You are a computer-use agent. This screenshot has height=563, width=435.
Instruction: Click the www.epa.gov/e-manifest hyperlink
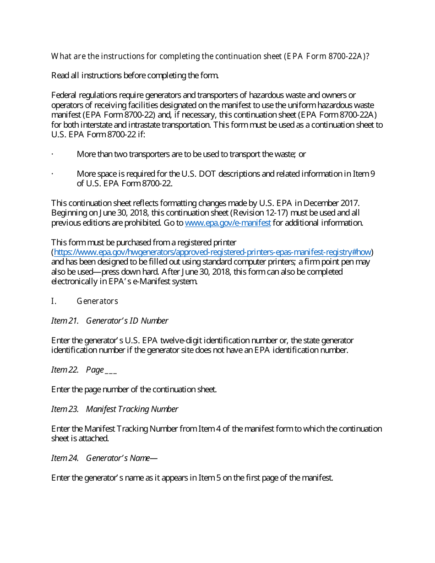click(228, 223)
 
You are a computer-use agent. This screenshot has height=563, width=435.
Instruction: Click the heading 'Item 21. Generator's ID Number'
click(109, 321)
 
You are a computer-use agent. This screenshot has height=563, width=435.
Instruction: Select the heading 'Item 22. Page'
click(84, 370)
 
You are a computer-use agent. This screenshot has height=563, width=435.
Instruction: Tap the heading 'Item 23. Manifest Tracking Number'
click(114, 409)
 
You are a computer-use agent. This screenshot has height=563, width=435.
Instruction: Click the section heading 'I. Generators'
click(85, 301)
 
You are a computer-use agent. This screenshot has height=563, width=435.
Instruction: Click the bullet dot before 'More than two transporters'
click(53, 154)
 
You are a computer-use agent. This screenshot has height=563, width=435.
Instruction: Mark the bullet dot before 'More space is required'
click(53, 174)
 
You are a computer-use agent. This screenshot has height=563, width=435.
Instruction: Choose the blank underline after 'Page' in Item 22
click(111, 370)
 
